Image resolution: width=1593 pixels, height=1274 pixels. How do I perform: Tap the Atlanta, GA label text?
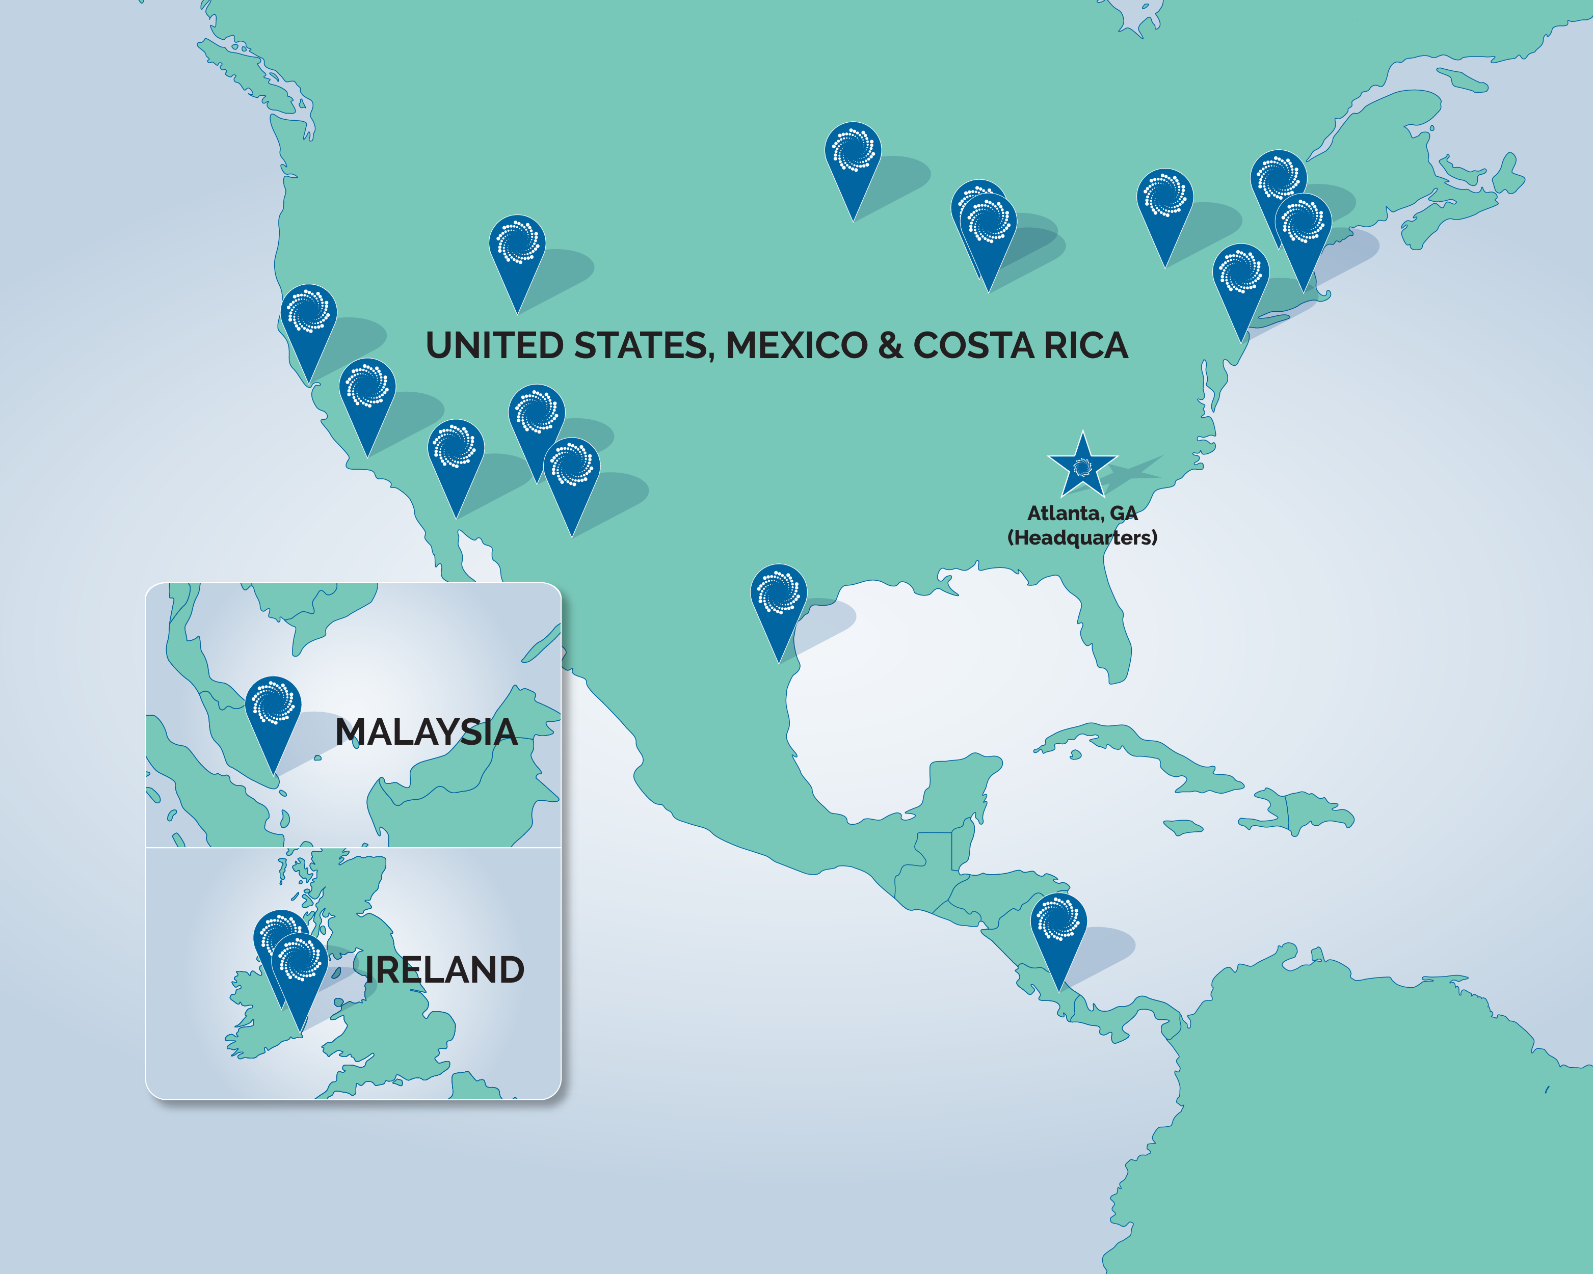pyautogui.click(x=1082, y=512)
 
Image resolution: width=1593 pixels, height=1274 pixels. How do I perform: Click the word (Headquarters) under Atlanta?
pyautogui.click(x=1082, y=537)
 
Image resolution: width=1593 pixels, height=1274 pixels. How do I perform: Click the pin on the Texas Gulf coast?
pyautogui.click(x=778, y=594)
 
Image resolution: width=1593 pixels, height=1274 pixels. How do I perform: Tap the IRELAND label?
pyautogui.click(x=444, y=970)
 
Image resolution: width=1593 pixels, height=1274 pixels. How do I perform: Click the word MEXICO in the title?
pyautogui.click(x=797, y=346)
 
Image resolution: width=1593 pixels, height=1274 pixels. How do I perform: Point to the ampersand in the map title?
pyautogui.click(x=890, y=346)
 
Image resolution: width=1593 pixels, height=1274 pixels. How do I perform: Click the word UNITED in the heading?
pyautogui.click(x=494, y=346)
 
